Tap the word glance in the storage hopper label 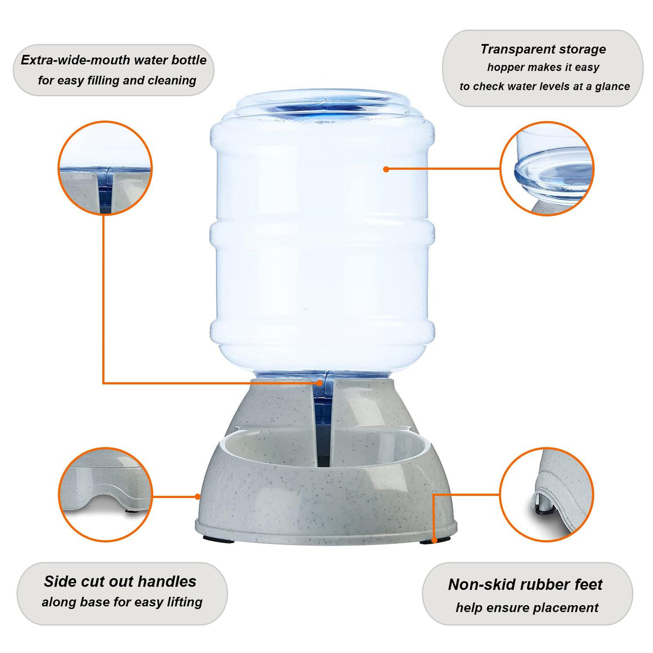point(612,87)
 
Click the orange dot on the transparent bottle point(386,169)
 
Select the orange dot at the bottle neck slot point(320,383)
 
